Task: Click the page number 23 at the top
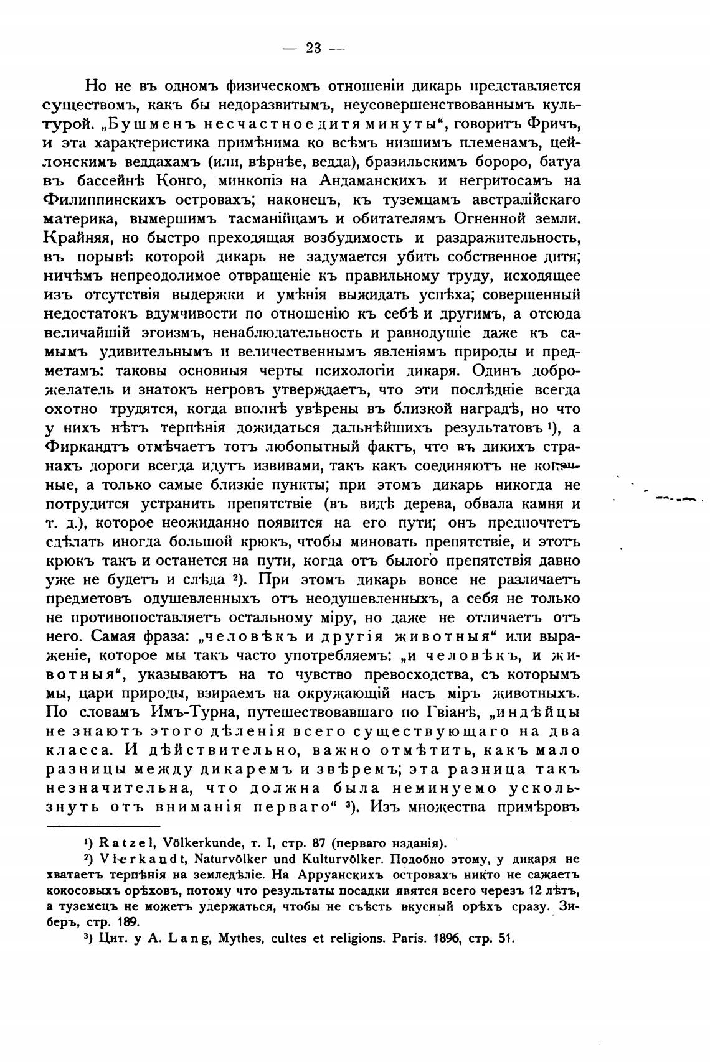pyautogui.click(x=313, y=48)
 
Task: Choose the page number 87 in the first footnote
pyautogui.click(x=319, y=844)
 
